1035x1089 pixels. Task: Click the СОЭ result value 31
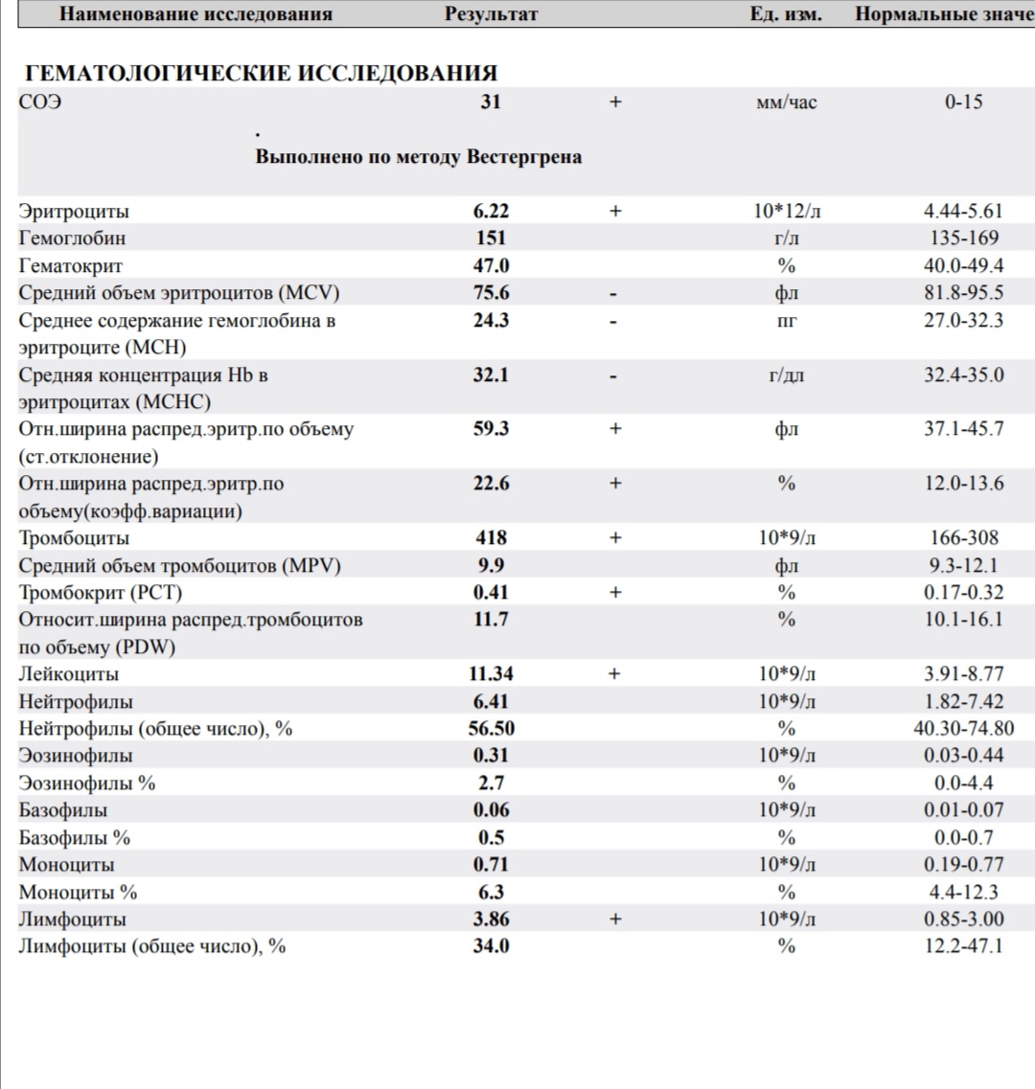(491, 102)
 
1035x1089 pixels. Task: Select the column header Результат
(491, 14)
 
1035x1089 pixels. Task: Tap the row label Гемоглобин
(72, 238)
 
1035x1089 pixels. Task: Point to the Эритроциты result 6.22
(491, 211)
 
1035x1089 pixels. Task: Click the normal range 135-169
(963, 238)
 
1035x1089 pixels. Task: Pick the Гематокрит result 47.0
(491, 265)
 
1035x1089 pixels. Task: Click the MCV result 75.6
(491, 293)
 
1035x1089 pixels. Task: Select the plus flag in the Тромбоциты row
(615, 537)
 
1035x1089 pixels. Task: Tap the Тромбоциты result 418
(491, 537)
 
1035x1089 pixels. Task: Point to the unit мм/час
(787, 102)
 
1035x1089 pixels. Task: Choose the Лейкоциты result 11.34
(491, 674)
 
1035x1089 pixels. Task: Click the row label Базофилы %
(75, 838)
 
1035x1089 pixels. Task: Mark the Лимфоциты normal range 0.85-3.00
(963, 919)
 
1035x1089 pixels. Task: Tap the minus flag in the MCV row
(615, 293)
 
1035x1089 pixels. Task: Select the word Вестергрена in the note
(524, 157)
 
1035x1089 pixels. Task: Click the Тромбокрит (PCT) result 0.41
(491, 592)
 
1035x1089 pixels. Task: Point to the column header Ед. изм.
(786, 14)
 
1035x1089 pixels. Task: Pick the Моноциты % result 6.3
(491, 892)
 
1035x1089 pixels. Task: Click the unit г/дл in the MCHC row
(787, 374)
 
